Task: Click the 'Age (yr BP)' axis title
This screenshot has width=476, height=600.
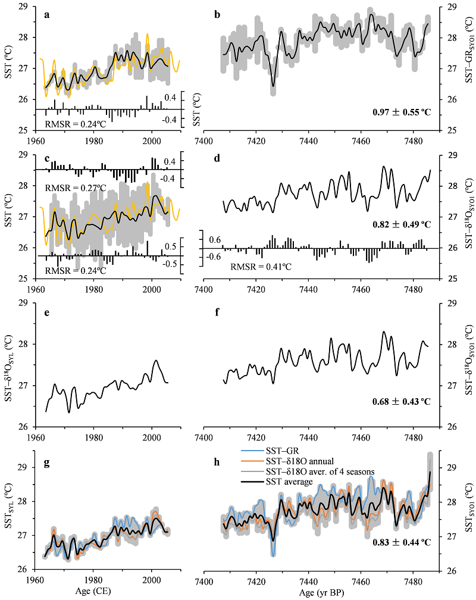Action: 321,593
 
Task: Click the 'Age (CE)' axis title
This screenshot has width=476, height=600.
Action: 93,593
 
